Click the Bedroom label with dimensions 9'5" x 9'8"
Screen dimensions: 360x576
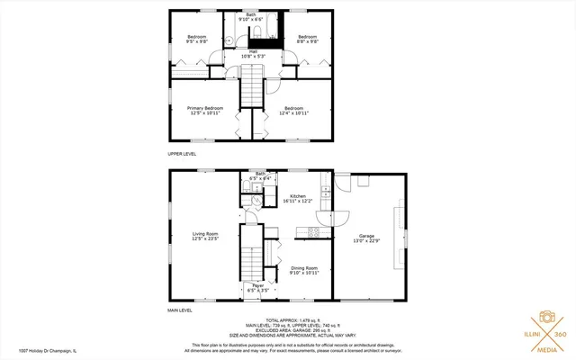tap(196, 40)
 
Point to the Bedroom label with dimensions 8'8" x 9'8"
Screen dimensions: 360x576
tap(308, 40)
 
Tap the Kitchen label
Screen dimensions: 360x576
tap(298, 198)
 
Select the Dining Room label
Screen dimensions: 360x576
tap(303, 270)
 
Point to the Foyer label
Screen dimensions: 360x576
tap(257, 288)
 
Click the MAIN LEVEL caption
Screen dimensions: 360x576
tap(180, 310)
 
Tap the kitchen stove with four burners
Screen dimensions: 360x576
tap(314, 232)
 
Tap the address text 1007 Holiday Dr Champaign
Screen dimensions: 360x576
tap(43, 351)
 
